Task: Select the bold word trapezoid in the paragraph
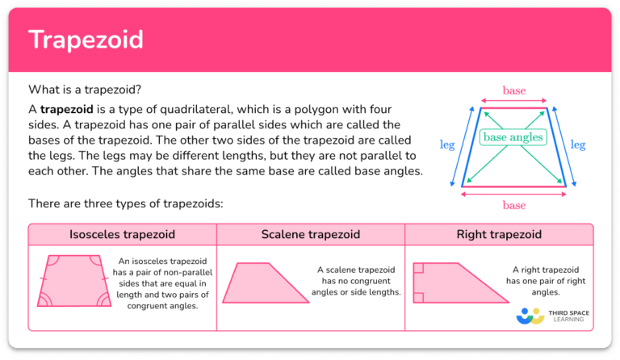[68, 109]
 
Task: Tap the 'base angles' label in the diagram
[513, 138]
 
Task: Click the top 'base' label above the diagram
[514, 91]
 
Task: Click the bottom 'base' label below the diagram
[514, 205]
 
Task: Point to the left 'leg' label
[446, 145]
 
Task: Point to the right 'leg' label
[578, 145]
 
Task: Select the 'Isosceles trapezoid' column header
[123, 235]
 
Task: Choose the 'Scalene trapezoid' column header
[311, 235]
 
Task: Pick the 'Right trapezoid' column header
[498, 235]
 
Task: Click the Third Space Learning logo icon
[531, 315]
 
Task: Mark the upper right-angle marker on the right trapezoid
[418, 268]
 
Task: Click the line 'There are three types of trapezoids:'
[125, 203]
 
